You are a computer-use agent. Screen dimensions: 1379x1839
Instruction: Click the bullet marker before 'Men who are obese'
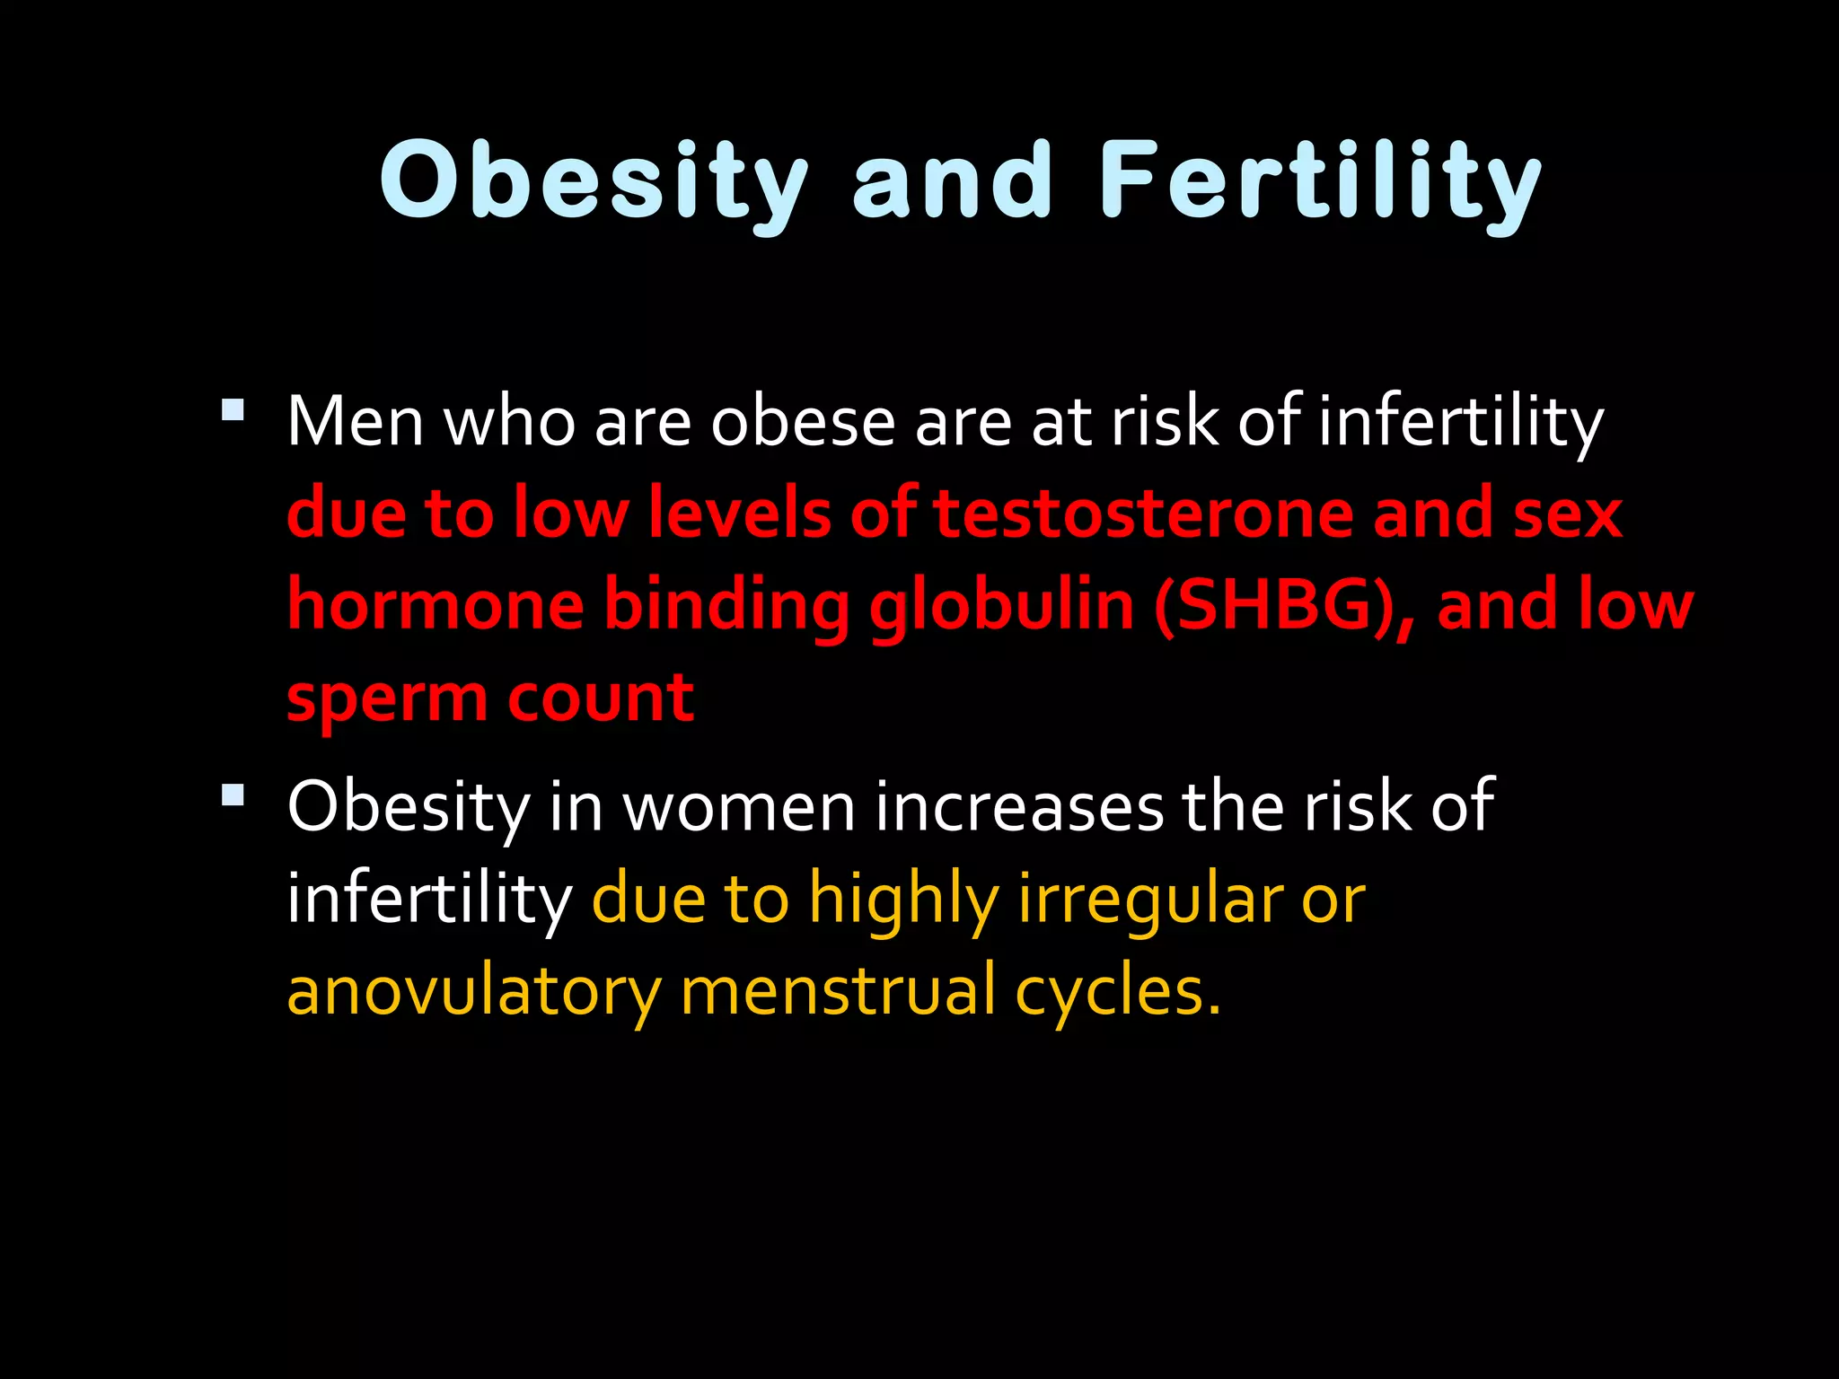(233, 410)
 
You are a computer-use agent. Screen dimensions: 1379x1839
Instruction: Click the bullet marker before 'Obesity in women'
(233, 795)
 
